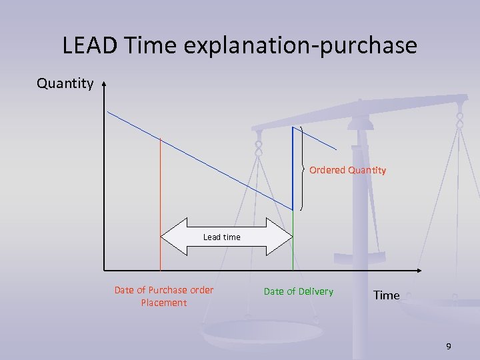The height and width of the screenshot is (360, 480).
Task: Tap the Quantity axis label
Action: pos(65,83)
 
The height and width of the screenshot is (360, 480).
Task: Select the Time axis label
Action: pos(386,295)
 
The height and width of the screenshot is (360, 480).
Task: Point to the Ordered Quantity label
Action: pos(347,170)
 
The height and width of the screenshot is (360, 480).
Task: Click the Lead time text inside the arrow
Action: pos(221,237)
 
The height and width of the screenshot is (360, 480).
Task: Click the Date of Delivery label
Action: pos(299,291)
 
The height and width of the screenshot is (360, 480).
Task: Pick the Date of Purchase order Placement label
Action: pos(164,297)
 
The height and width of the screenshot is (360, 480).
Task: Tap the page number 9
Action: pos(449,346)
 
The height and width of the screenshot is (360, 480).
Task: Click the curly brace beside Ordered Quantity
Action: pos(303,168)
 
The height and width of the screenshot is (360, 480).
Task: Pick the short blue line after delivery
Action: pos(315,139)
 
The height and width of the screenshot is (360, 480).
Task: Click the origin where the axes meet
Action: pos(105,271)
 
